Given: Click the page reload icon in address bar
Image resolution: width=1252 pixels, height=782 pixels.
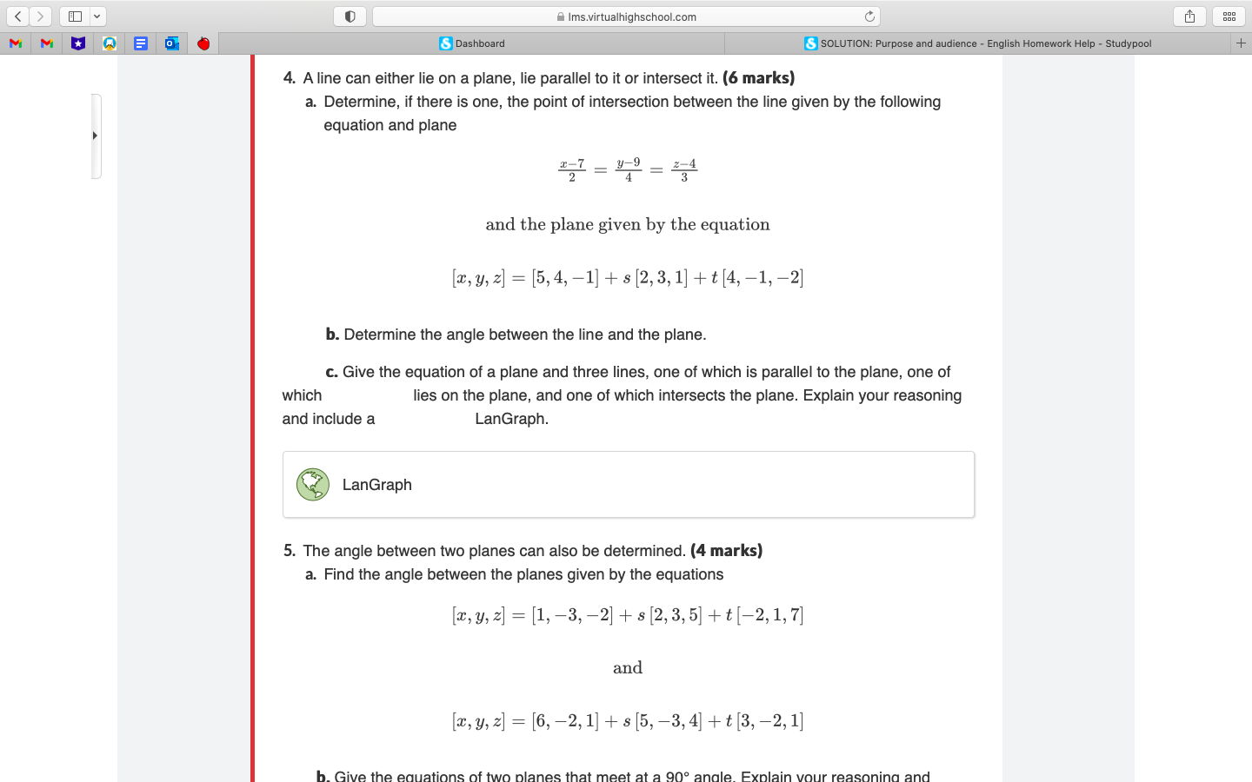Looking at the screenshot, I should [869, 17].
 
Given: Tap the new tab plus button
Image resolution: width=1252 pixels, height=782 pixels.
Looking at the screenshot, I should [1241, 43].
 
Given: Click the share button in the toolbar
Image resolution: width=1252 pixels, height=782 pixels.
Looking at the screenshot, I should [1189, 17].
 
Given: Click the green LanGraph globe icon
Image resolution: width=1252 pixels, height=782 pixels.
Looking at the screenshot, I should [312, 485].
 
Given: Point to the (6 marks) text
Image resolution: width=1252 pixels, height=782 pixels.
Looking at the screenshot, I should [758, 78].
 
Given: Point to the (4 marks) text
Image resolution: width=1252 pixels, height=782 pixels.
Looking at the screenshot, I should [726, 551].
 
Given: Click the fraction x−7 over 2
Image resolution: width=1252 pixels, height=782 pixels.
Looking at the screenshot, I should [571, 170].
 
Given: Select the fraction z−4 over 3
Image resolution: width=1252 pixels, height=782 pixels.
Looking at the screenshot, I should [684, 170].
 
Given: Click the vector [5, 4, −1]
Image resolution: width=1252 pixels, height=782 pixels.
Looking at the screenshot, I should [565, 278].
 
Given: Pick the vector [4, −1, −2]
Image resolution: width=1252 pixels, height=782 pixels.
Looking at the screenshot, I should [763, 278].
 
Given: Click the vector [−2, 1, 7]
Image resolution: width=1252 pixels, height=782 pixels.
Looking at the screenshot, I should [769, 615].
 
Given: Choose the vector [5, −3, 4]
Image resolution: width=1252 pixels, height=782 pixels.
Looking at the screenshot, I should [668, 721].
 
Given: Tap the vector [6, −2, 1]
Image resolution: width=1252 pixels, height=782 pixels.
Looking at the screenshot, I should [565, 721].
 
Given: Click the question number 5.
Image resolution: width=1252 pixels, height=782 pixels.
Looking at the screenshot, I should [290, 551].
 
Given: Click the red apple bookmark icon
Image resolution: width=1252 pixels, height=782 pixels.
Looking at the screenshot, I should [203, 43].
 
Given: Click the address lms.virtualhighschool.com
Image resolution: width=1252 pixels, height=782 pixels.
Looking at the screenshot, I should [631, 17].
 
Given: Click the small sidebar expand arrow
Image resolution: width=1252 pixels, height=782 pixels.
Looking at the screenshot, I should [95, 136].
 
